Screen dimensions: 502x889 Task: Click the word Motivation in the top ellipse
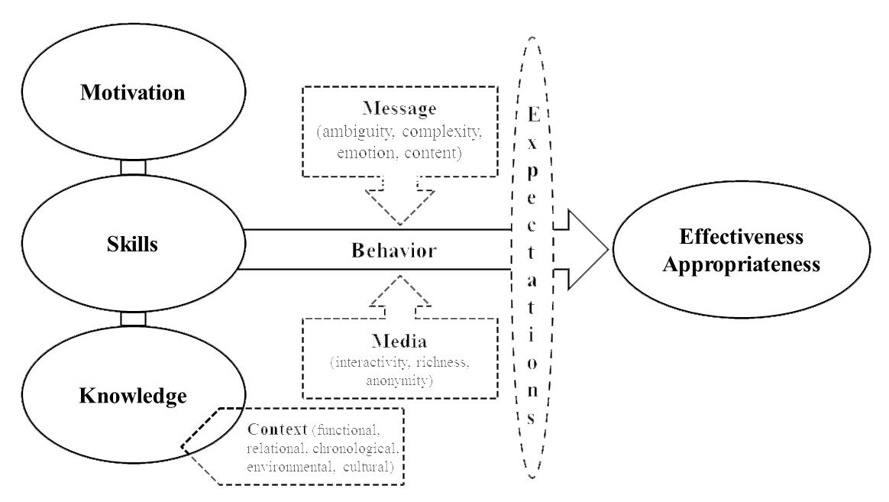[x=134, y=94]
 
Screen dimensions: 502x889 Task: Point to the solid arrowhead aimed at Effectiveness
[x=584, y=249]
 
